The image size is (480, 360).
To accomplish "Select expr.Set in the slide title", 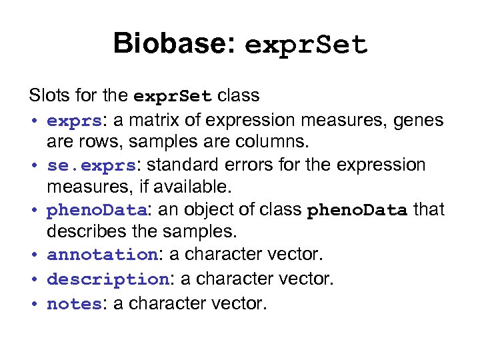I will pyautogui.click(x=306, y=45).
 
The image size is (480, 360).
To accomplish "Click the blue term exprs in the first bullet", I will pyautogui.click(x=74, y=121).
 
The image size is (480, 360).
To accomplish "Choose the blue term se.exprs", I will pyautogui.click(x=91, y=165).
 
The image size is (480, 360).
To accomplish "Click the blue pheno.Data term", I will pyautogui.click(x=97, y=210).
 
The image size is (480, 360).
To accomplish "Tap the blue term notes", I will pyautogui.click(x=73, y=304).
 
